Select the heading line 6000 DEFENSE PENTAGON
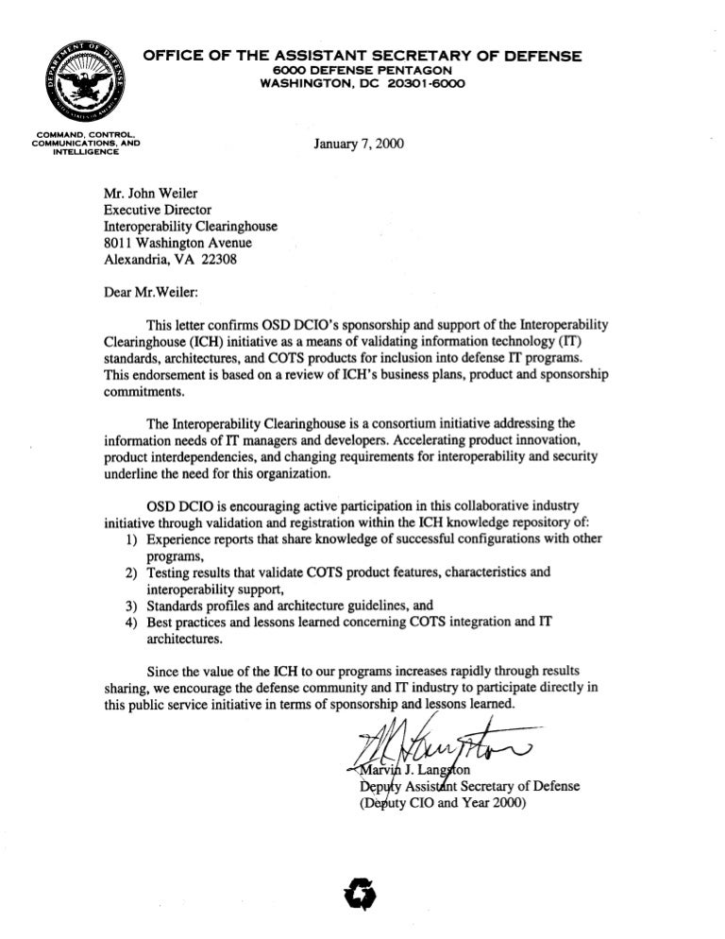coord(362,71)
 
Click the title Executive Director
coord(158,210)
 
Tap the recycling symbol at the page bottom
coord(362,888)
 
